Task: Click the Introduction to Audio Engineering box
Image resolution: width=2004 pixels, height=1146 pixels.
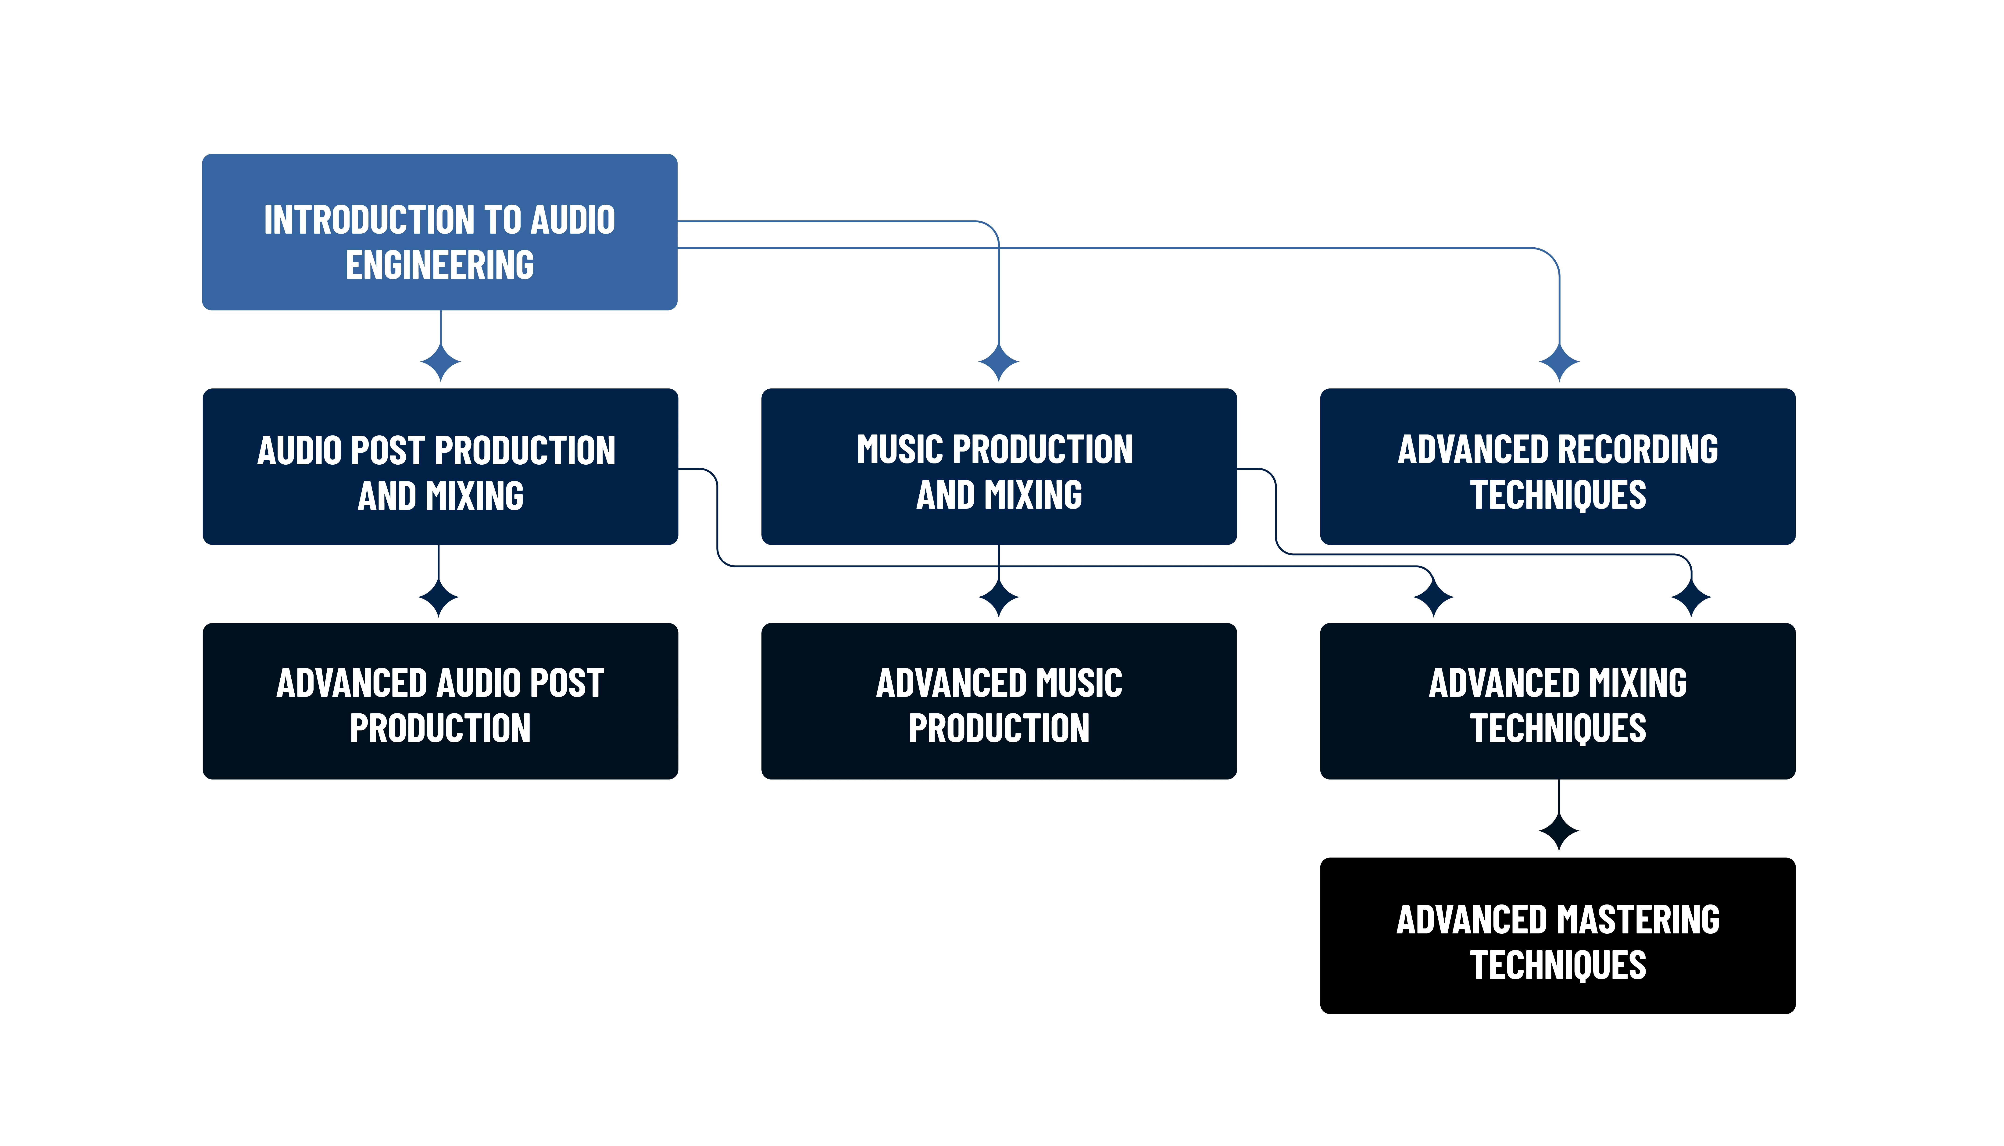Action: pos(440,232)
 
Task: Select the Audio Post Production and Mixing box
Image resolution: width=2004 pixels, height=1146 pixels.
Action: pos(440,466)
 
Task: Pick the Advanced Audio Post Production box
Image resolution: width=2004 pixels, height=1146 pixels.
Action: pos(440,701)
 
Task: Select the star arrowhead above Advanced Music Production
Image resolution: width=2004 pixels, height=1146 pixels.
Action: pos(999,598)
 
